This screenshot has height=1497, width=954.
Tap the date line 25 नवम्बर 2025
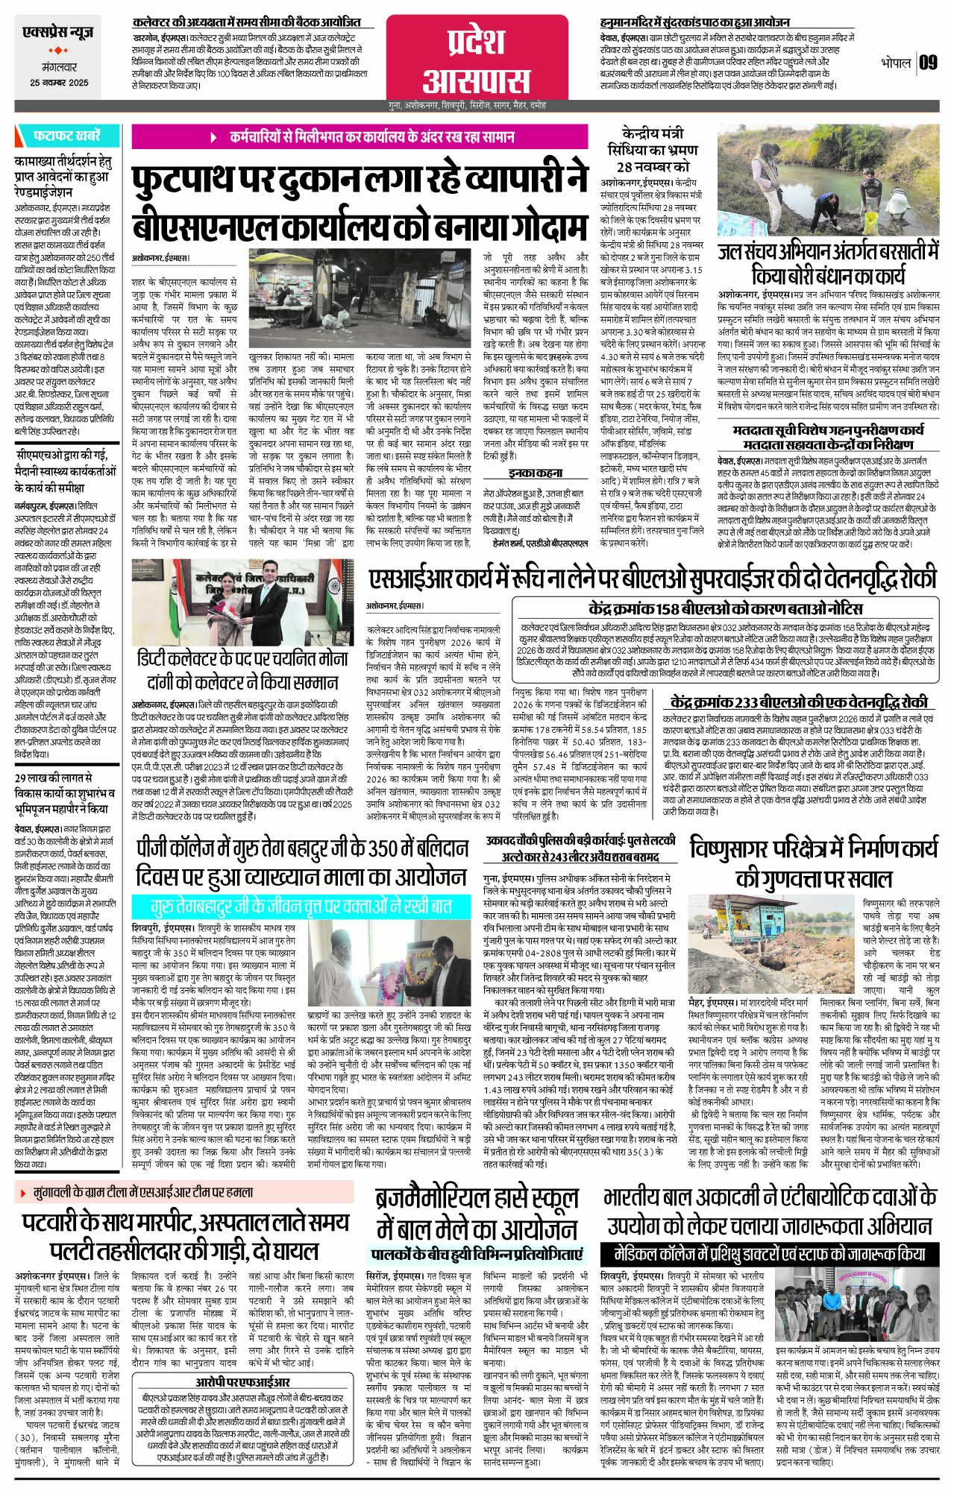(x=59, y=83)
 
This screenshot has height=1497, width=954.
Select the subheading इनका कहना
(x=535, y=473)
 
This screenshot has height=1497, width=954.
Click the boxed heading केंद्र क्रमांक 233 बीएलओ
(x=799, y=702)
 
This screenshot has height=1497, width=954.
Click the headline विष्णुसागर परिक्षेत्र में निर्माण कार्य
(x=814, y=863)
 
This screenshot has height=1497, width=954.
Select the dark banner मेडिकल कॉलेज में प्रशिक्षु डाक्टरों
(x=768, y=1252)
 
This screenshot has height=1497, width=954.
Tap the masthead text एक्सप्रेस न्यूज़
(x=59, y=34)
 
